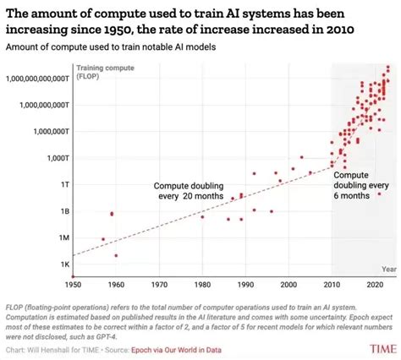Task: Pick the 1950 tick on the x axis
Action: point(74,283)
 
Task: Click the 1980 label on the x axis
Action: point(202,283)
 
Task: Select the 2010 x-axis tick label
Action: point(332,283)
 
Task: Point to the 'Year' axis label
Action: point(387,269)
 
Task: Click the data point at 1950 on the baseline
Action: point(74,275)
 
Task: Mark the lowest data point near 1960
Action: point(117,255)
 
